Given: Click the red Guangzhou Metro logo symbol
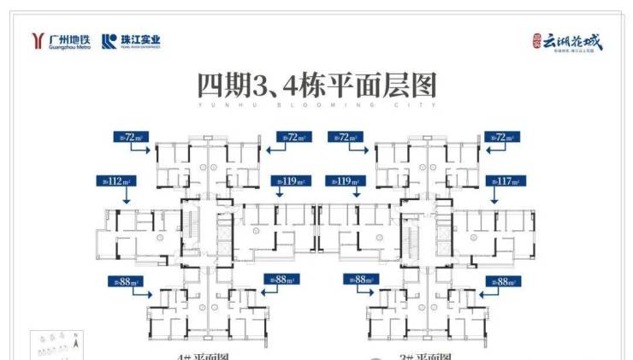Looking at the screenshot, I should [x=35, y=40].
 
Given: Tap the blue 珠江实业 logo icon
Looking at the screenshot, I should [x=107, y=40].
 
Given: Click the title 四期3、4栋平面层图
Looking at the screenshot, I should [x=316, y=86].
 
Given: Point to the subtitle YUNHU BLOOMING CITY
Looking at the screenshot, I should [x=316, y=106].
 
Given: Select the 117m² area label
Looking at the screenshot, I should [x=504, y=181].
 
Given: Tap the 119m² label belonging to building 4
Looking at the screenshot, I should [x=288, y=181].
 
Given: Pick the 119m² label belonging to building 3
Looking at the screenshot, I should [x=345, y=181].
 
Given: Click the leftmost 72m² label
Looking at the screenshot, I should [x=131, y=136].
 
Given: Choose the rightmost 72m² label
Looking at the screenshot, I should [x=502, y=136].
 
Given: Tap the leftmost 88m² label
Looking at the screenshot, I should [x=125, y=280].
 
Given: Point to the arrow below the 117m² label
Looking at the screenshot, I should [x=494, y=196].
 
